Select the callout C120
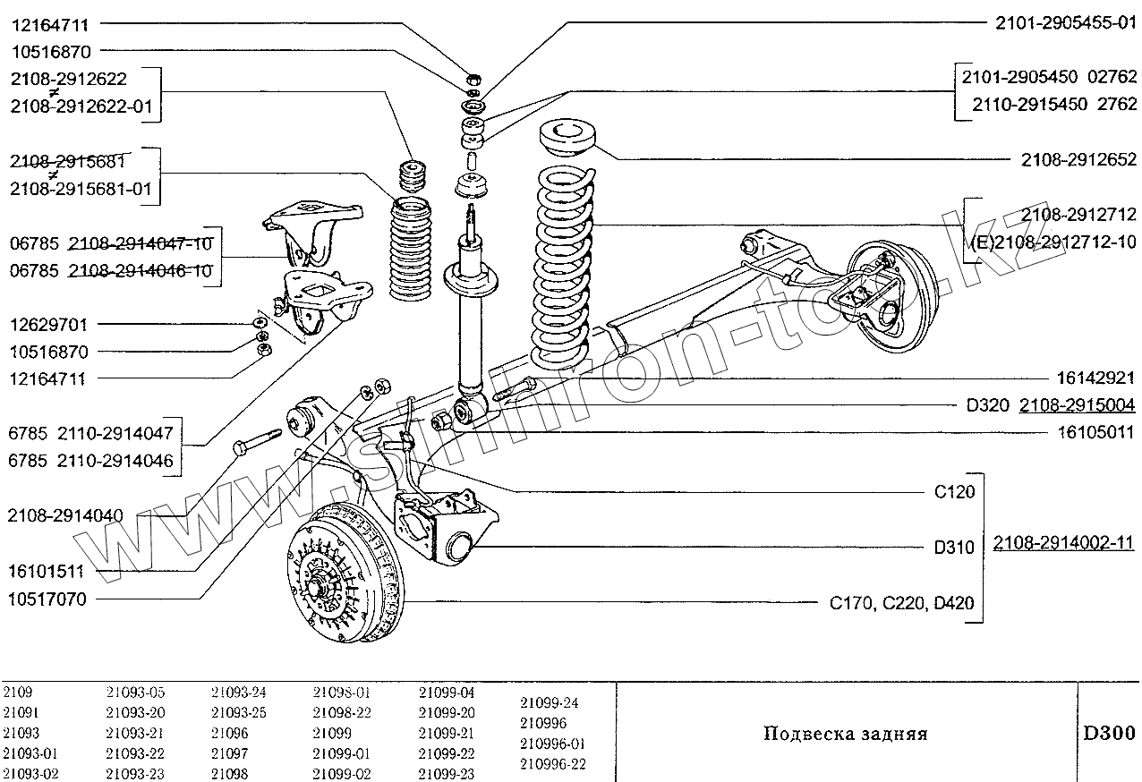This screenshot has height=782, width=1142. (953, 491)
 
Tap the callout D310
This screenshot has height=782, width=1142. (953, 548)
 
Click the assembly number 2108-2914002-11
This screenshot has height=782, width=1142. (1065, 543)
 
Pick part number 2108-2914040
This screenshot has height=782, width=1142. (65, 515)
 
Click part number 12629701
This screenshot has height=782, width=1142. (49, 324)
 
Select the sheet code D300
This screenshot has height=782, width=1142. (1109, 733)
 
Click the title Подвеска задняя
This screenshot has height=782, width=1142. (845, 735)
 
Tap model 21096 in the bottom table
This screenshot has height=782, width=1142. (230, 733)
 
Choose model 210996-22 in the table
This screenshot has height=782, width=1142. (552, 763)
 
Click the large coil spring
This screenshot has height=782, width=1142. (564, 268)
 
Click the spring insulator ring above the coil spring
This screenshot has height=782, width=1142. (570, 142)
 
